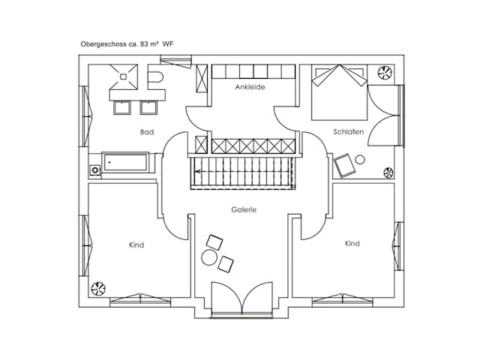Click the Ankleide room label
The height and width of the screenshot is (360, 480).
point(250,87)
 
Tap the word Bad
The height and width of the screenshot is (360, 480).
point(147,132)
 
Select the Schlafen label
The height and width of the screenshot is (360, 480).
point(348,132)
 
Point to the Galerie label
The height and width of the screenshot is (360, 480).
point(244,210)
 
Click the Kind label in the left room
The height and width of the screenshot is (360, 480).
point(136,245)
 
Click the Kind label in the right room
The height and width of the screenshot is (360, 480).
point(352,244)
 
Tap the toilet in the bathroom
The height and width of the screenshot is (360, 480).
point(155,76)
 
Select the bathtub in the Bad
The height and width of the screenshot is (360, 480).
point(125,162)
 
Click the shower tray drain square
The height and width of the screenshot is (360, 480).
point(123,76)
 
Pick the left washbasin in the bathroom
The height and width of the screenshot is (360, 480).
point(122,108)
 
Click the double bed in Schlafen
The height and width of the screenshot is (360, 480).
point(339,92)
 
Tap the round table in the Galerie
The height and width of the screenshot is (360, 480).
point(209,257)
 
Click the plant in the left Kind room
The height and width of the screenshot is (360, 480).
point(98,289)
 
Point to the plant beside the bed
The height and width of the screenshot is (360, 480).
point(385,73)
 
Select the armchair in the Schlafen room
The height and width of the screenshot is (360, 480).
point(345,166)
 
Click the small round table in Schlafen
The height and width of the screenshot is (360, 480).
point(360,160)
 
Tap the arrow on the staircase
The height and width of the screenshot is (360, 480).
point(198,171)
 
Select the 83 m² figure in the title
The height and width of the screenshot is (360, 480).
point(149,44)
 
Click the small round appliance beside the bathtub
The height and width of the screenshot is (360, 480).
point(95,170)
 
